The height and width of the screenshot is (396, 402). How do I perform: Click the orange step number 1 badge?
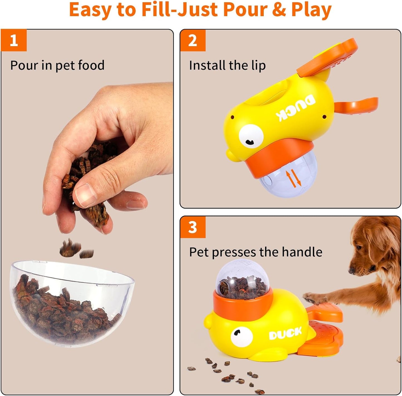tap(14, 40)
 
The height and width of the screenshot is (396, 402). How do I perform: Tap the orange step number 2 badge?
tap(193, 40)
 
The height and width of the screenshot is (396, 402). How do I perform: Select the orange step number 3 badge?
tap(193, 227)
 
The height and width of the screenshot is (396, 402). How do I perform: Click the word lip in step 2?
tap(258, 66)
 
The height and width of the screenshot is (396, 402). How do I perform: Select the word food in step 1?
tap(91, 65)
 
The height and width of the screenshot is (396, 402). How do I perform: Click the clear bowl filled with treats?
tap(71, 304)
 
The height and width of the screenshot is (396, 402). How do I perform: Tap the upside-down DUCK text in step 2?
tap(296, 108)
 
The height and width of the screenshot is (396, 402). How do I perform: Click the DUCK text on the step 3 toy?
tap(285, 333)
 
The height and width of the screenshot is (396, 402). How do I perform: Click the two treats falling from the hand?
tap(76, 249)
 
